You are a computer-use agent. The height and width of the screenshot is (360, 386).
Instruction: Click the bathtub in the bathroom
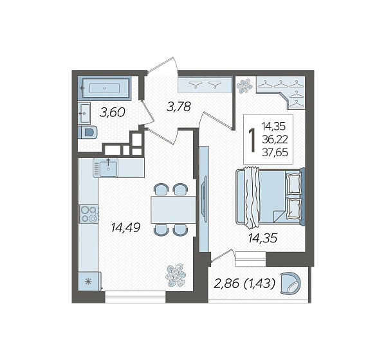[104, 88]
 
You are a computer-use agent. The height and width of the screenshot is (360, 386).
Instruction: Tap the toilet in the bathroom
[88, 132]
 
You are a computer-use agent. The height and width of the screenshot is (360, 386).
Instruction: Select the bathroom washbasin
[84, 113]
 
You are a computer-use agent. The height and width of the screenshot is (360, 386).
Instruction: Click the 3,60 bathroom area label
[113, 113]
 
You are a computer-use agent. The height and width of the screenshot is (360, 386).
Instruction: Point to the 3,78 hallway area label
[179, 107]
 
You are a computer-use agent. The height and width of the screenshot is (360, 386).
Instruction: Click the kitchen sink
[106, 168]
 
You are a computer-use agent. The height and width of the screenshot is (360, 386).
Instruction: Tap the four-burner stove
[89, 214]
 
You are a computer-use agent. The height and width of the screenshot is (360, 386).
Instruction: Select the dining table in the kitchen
[173, 210]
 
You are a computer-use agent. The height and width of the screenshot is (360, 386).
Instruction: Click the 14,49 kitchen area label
[125, 228]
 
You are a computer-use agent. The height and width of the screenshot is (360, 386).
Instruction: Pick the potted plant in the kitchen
[176, 276]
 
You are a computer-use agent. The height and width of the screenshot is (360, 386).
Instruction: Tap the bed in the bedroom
[270, 197]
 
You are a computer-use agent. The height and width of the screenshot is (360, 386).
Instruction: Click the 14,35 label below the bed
[262, 239]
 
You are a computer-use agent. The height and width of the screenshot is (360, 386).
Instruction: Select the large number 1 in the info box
[252, 140]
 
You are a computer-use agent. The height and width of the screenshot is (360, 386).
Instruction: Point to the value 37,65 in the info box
[275, 152]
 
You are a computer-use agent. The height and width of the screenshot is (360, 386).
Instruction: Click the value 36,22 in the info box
[275, 139]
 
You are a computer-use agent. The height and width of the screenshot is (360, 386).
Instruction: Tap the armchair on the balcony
[291, 283]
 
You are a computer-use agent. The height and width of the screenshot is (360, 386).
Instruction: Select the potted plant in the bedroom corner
[244, 86]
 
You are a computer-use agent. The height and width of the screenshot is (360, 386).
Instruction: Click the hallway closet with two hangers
[205, 85]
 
